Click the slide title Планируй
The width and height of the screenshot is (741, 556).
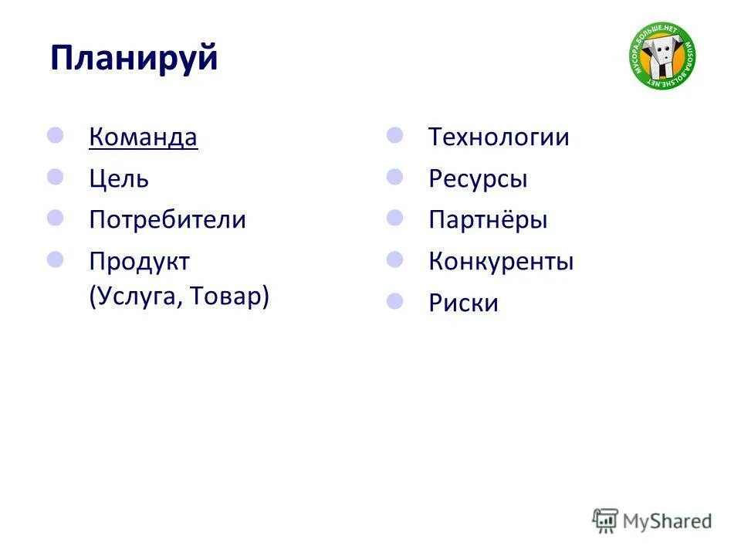tap(134, 59)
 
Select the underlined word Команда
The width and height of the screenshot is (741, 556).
tap(143, 137)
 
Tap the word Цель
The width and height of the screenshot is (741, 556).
tap(119, 179)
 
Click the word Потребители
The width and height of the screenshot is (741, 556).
tap(167, 220)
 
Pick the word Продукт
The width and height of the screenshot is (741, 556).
tap(139, 261)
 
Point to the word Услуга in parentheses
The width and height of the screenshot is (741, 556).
tap(136, 297)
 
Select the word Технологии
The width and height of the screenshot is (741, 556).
tap(499, 137)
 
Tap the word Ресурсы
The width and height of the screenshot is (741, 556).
tap(478, 179)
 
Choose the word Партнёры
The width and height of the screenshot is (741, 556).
tap(488, 220)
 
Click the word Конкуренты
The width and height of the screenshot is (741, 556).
tap(501, 261)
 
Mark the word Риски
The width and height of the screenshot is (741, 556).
tap(463, 303)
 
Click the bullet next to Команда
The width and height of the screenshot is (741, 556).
tap(56, 136)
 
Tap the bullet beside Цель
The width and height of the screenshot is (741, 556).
tap(56, 177)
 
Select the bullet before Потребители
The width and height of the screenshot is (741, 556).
tap(56, 218)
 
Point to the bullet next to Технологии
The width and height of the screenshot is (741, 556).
tap(395, 136)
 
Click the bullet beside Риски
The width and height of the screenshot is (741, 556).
tap(395, 300)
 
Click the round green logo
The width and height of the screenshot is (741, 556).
tap(662, 56)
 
